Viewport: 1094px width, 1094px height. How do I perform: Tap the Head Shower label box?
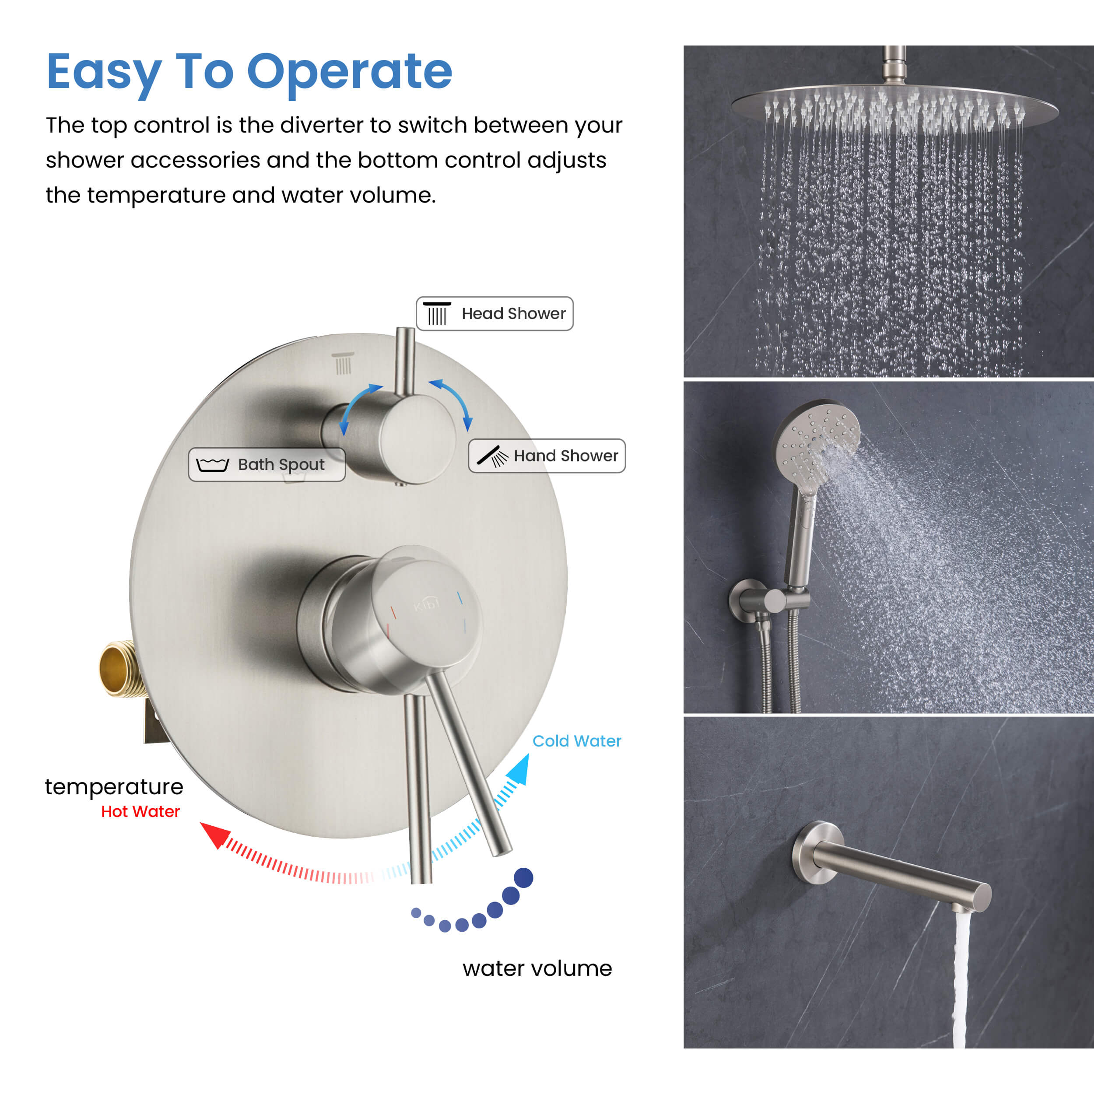(x=494, y=313)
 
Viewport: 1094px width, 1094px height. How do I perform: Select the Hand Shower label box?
(x=547, y=456)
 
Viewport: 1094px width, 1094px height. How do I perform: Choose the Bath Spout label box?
(x=266, y=465)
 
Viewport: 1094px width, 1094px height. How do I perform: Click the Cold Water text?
(x=576, y=741)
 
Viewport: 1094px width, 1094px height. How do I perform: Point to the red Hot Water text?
(x=140, y=811)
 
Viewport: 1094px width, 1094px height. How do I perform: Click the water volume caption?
(x=537, y=968)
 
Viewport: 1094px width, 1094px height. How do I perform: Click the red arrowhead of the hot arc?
(x=214, y=835)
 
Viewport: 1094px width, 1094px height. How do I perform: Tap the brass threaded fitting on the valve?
(x=121, y=669)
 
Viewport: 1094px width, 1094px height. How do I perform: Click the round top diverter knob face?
(x=418, y=439)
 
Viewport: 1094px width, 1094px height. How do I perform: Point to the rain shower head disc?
(x=895, y=104)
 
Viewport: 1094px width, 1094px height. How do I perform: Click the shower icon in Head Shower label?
(x=437, y=314)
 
